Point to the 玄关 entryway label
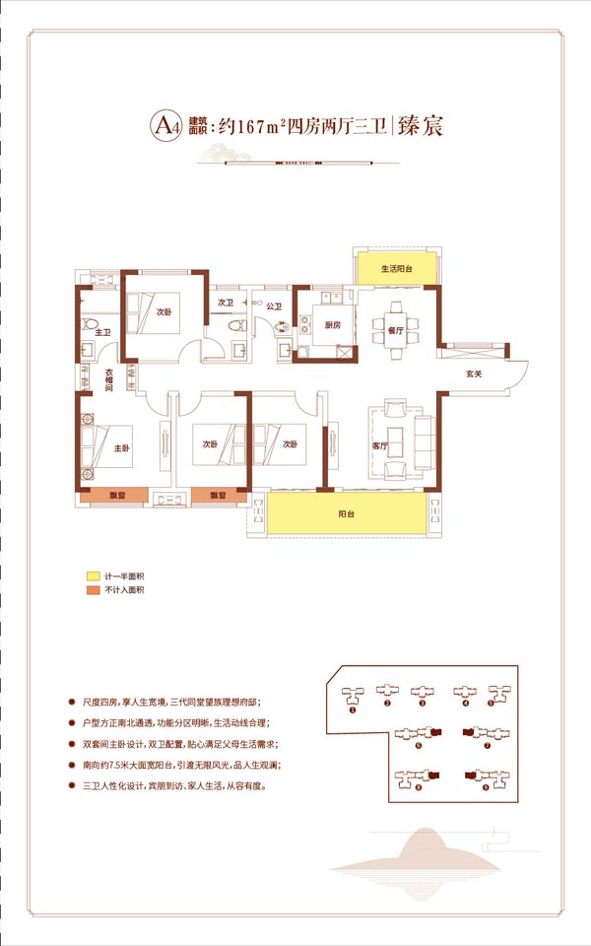(x=475, y=372)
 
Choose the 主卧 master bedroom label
(x=122, y=447)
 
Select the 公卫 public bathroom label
(x=273, y=307)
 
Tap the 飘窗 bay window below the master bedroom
(x=116, y=496)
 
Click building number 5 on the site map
(x=490, y=705)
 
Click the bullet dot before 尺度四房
(x=71, y=702)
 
